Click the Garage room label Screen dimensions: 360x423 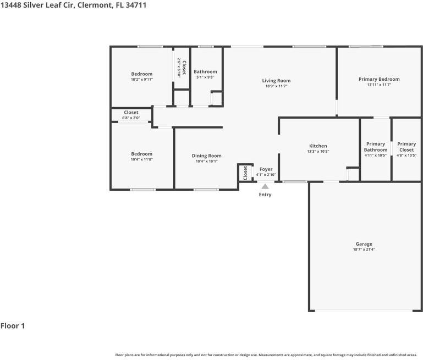(364, 244)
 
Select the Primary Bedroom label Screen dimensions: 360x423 (379, 79)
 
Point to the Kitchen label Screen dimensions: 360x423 (318, 146)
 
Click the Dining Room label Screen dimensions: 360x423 (206, 156)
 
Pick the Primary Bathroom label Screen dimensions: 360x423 (376, 147)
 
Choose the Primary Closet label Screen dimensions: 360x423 (406, 147)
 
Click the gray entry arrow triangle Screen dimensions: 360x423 (265, 186)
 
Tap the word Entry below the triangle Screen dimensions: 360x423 (265, 195)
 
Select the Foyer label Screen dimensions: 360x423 (266, 169)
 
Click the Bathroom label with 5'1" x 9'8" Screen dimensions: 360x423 (205, 71)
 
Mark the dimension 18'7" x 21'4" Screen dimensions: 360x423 (364, 250)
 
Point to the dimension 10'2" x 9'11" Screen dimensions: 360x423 (141, 80)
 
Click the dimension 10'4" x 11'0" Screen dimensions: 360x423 (141, 159)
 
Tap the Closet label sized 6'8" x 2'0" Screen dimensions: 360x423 (131, 113)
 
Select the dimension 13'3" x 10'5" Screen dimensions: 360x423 (318, 152)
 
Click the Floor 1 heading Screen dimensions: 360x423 (13, 326)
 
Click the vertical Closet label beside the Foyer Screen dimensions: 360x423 (245, 173)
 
